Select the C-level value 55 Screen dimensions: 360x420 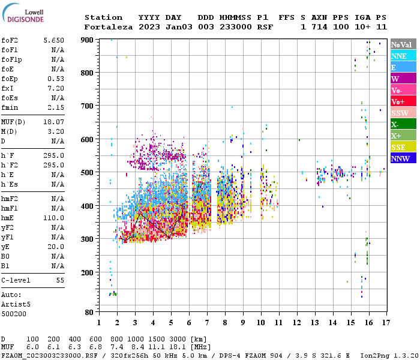(x=59, y=280)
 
